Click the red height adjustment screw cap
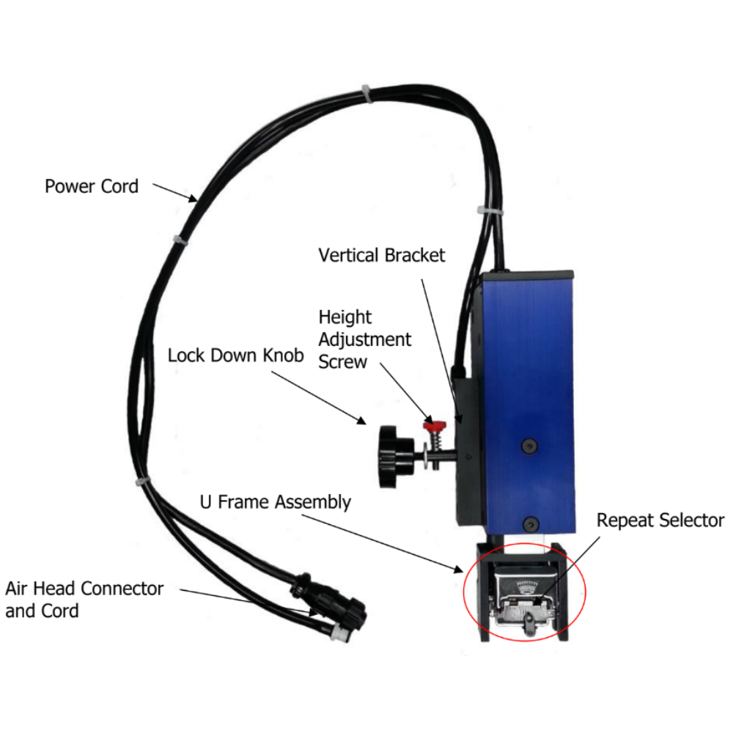click(x=435, y=426)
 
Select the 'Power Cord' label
click(x=92, y=186)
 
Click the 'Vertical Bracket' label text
click(x=382, y=256)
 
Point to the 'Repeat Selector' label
click(x=660, y=520)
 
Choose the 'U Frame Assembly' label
click(x=276, y=502)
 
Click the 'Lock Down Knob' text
click(x=236, y=356)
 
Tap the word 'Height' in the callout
click(x=345, y=317)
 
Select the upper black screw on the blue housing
click(x=529, y=446)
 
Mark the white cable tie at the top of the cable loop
click(x=364, y=93)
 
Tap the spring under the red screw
click(x=435, y=443)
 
